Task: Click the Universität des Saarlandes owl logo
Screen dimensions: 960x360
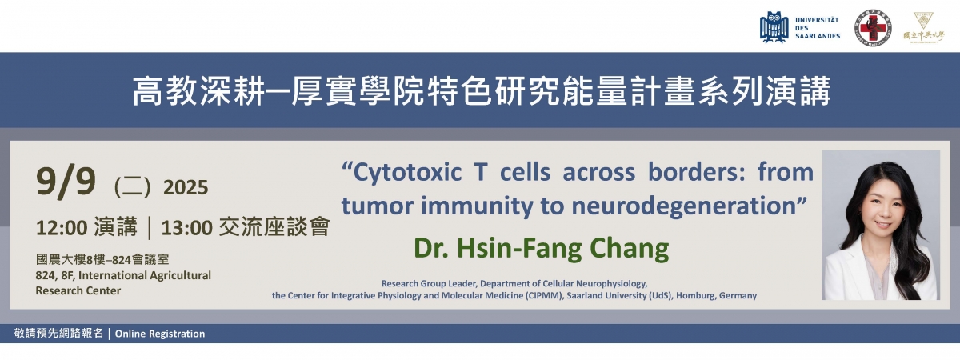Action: coord(774,28)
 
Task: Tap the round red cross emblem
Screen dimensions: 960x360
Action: coord(873,28)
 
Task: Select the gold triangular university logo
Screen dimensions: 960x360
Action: coord(923,26)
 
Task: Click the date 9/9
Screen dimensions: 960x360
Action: coord(66,182)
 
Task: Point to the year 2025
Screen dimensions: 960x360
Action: coord(186,188)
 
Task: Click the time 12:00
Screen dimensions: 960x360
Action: coord(62,227)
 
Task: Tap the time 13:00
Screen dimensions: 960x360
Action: coord(187,227)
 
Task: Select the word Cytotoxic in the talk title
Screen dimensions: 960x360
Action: coord(407,173)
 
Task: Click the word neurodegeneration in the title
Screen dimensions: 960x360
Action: coord(683,206)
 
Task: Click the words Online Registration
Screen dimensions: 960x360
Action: coord(160,334)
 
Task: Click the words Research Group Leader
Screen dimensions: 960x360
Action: coord(430,284)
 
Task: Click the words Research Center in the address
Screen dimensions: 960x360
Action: coord(78,290)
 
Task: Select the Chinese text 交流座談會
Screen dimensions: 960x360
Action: coord(274,226)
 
